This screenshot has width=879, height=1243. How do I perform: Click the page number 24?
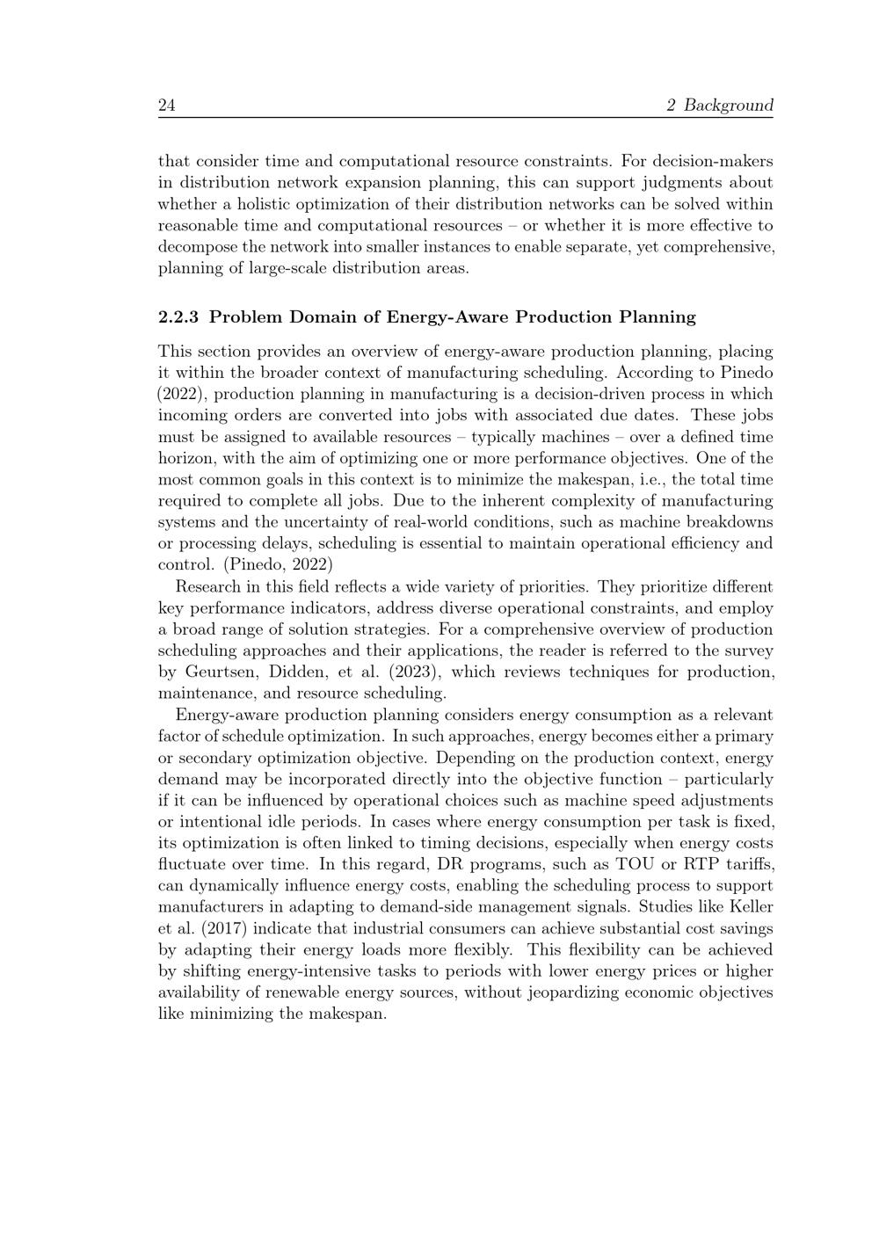(x=167, y=105)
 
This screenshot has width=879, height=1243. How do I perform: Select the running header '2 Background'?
(x=720, y=105)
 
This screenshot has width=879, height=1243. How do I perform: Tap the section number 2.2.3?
(x=179, y=316)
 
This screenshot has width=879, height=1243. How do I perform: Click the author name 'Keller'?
(x=750, y=906)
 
